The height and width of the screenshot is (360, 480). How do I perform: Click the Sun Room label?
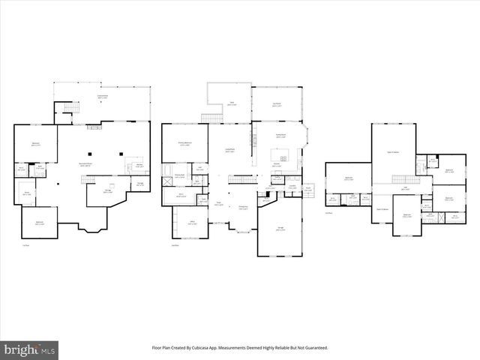pos(277,105)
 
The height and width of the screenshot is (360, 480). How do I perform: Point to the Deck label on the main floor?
pos(232,103)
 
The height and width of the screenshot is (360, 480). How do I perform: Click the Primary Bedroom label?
pos(184,143)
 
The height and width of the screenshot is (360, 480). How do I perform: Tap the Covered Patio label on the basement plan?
pos(101,96)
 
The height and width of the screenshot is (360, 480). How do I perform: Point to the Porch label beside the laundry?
pos(307,189)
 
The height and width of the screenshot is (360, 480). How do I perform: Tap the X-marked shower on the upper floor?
pos(433,160)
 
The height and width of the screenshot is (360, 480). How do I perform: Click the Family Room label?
pos(281,136)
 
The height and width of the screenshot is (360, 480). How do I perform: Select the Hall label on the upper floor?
pos(404,189)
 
